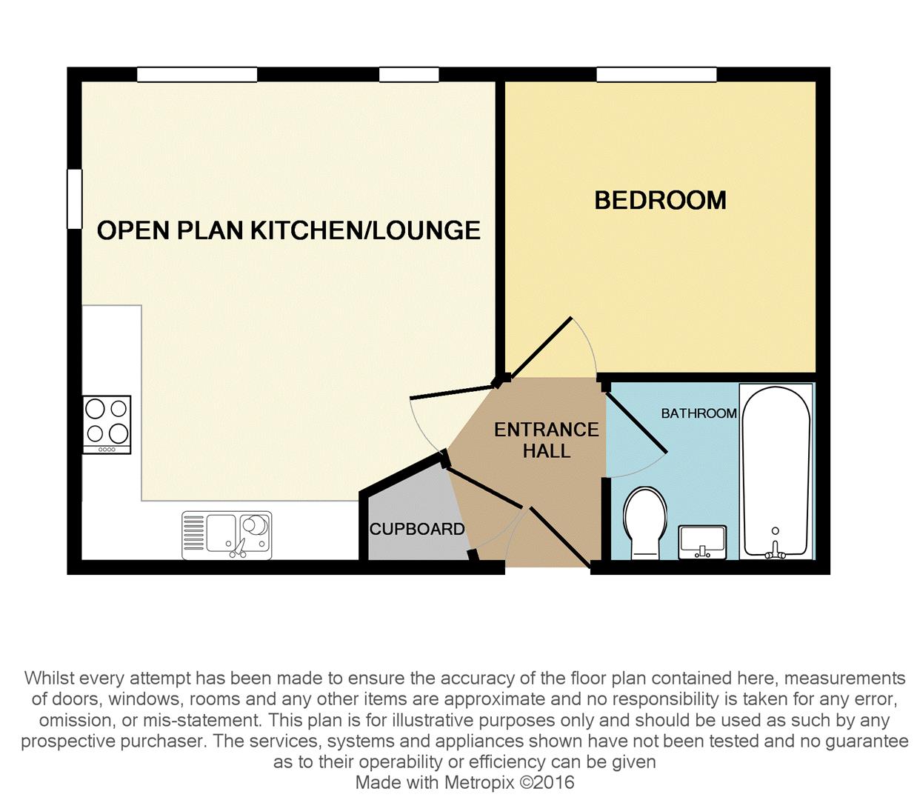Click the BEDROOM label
[660, 200]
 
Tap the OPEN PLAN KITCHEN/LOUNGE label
[289, 230]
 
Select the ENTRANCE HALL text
[547, 440]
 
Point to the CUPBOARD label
[417, 529]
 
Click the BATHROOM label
[698, 413]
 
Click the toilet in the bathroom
[644, 521]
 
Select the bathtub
[776, 471]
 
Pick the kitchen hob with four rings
[107, 424]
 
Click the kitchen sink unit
[227, 535]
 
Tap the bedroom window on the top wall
[656, 75]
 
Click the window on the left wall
[74, 199]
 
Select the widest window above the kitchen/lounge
[197, 75]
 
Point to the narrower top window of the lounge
[409, 75]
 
